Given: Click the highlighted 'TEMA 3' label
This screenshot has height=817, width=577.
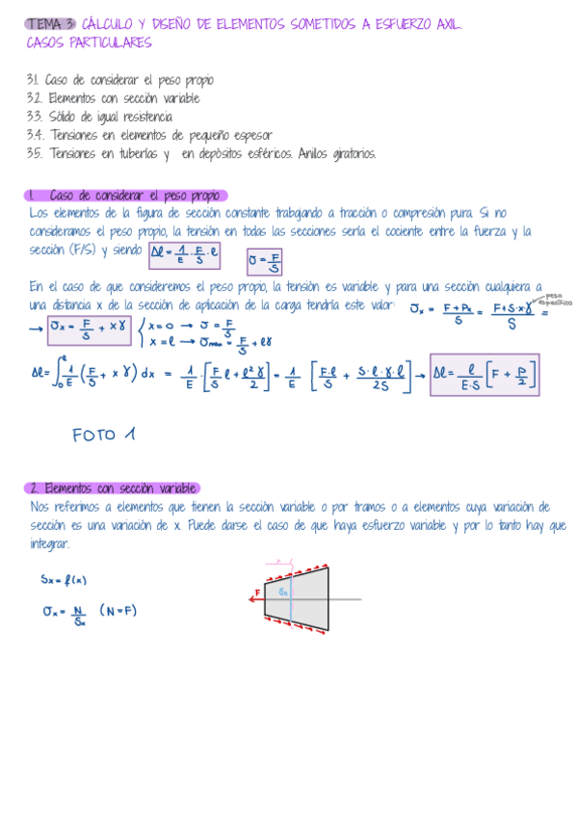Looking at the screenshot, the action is (x=50, y=23).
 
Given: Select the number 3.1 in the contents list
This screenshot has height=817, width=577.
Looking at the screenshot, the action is (x=34, y=80).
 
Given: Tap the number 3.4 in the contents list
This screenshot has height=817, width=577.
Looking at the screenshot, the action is (x=36, y=135).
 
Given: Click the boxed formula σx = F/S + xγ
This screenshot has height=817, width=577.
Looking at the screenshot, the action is (x=89, y=329).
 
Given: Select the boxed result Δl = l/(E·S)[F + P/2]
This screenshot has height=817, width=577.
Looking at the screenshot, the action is (x=485, y=374).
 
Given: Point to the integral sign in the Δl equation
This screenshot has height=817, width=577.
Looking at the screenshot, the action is (x=61, y=373).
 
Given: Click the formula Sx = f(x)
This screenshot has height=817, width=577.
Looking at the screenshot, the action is (x=64, y=580).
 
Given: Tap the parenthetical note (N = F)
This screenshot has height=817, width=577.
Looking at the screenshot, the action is (x=118, y=611).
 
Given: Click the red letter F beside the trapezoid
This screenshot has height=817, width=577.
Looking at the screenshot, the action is (x=258, y=593).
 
